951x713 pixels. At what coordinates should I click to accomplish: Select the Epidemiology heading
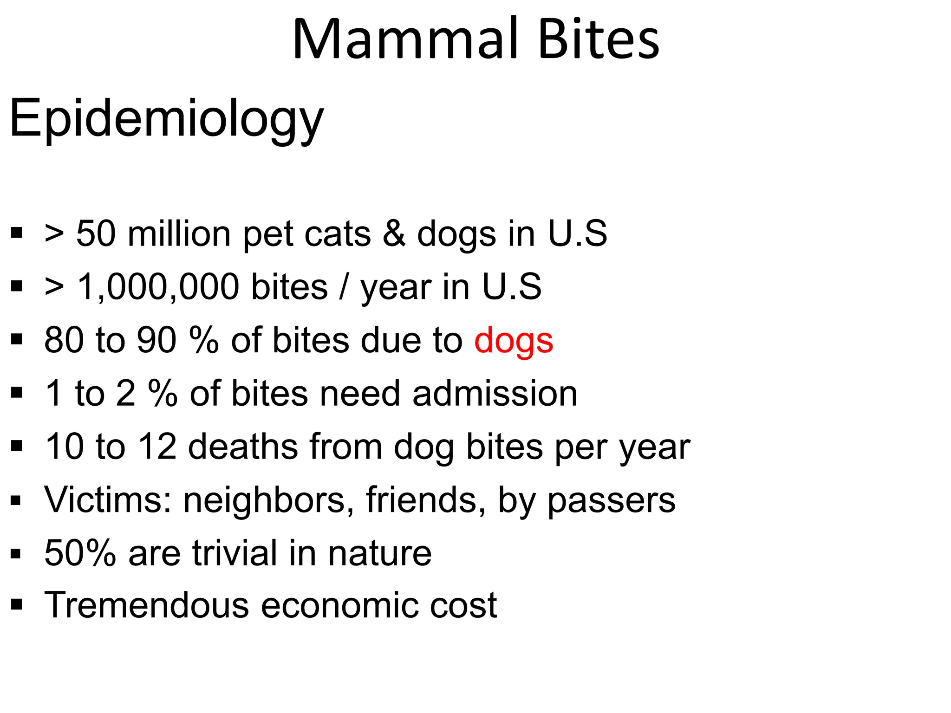click(166, 119)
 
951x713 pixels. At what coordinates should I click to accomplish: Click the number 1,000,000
click(158, 287)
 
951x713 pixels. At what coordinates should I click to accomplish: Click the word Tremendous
click(147, 606)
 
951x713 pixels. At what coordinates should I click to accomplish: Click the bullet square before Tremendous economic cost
click(17, 605)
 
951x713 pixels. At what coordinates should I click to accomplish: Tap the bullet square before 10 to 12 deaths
click(17, 446)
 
